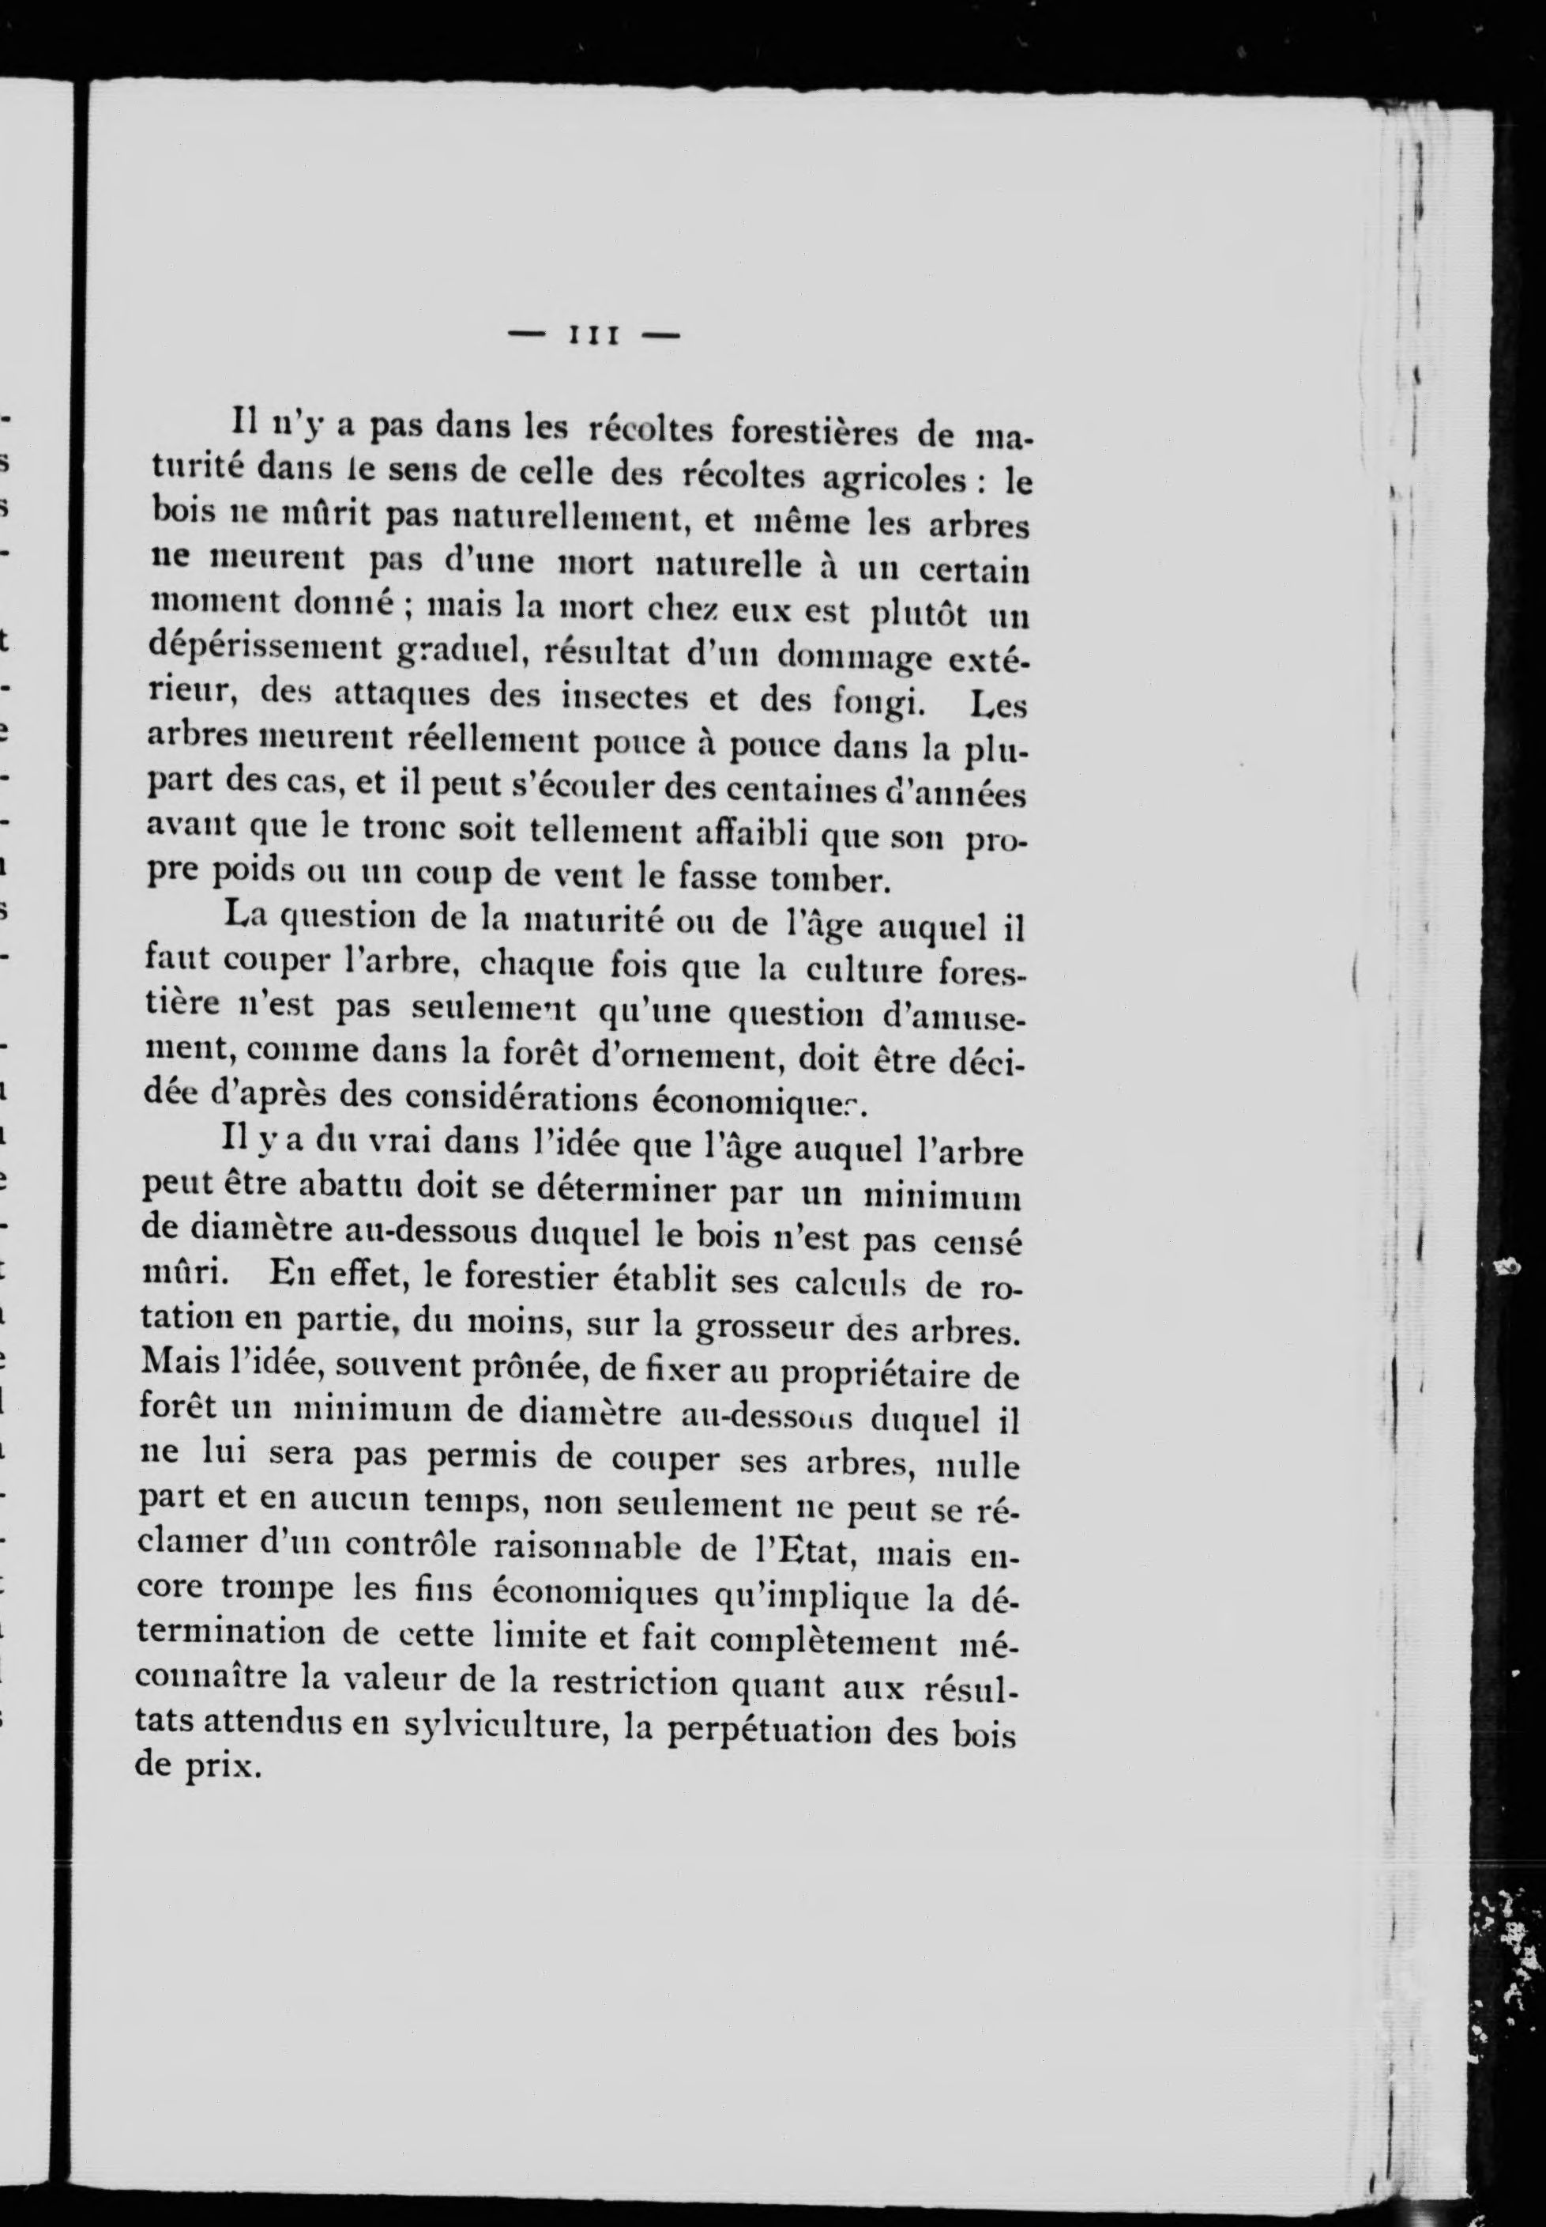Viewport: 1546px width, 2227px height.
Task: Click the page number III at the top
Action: click(594, 335)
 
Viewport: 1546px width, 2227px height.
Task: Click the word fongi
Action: click(874, 700)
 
